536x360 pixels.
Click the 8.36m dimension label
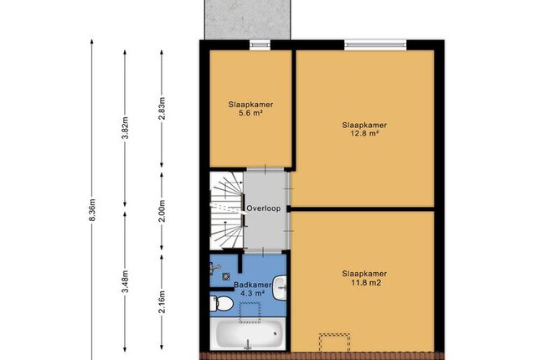pos(91,209)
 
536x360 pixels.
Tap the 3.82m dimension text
pos(125,128)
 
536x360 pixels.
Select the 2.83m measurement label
pos(162,108)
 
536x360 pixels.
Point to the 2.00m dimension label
pos(162,210)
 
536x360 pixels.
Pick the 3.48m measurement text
pos(125,281)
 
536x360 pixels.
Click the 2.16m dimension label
pos(162,301)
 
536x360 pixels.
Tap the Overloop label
pos(264,208)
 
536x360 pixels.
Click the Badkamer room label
pos(253,285)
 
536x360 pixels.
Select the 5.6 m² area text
pos(250,113)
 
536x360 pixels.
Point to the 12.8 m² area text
pos(364,133)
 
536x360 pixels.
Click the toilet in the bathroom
pos(221,303)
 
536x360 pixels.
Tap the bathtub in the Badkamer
pos(248,333)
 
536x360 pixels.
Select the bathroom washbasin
pos(280,288)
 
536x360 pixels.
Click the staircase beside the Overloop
pos(227,210)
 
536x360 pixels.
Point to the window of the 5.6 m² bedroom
pos(260,44)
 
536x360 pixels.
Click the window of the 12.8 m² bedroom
pos(375,44)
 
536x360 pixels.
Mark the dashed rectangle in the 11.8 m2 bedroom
pos(335,342)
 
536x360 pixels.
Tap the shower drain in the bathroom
pos(225,276)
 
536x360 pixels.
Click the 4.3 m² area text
pos(253,293)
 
